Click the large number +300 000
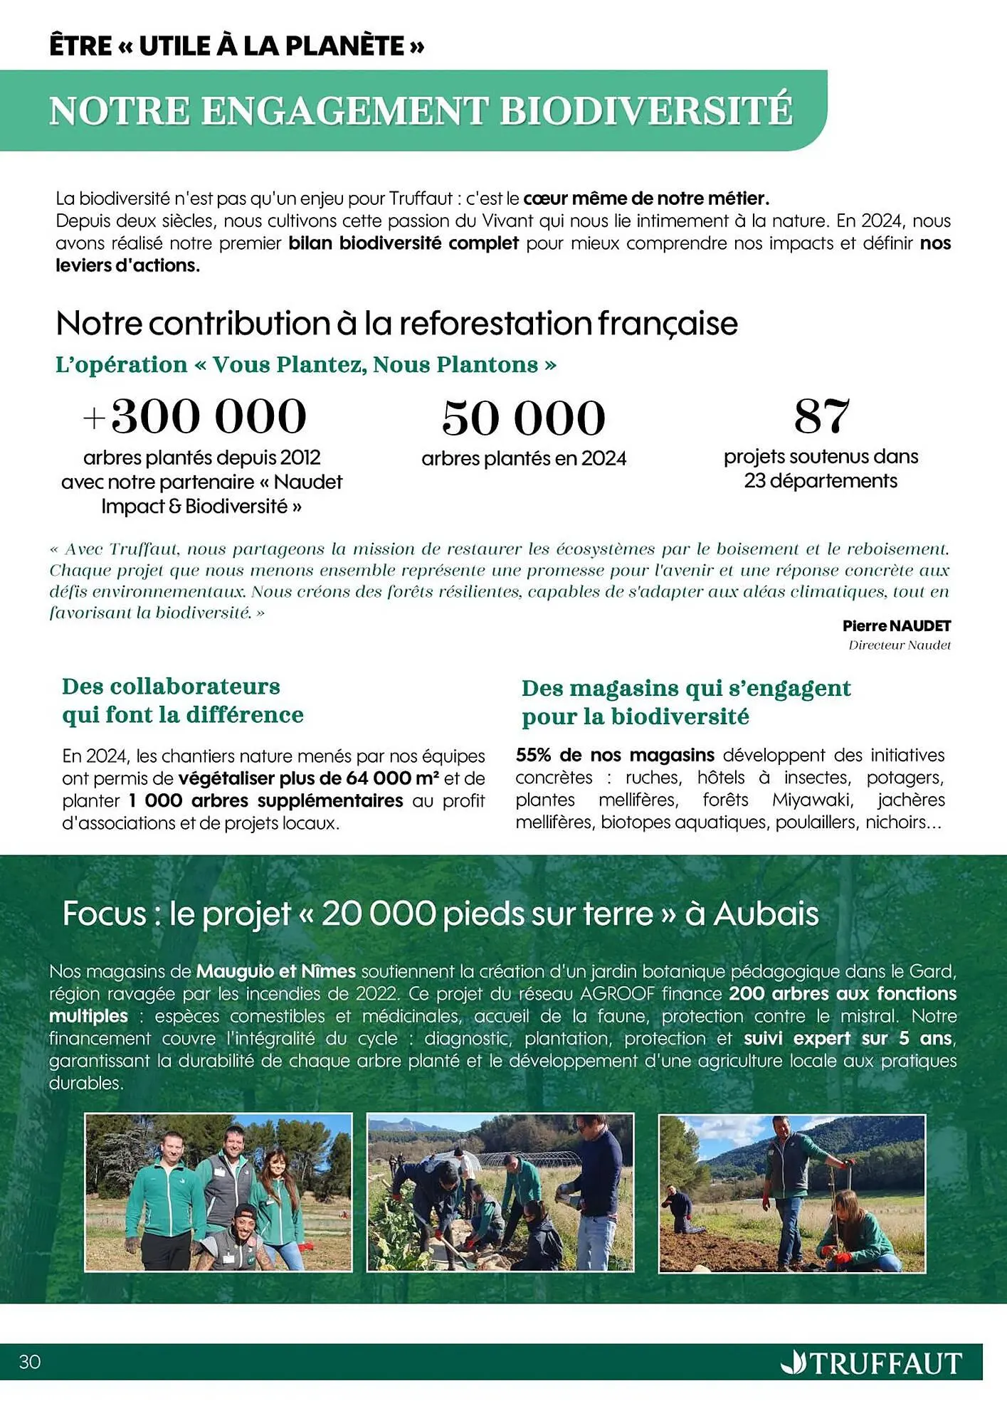pos(195,417)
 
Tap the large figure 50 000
pos(523,418)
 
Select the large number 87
pos(821,417)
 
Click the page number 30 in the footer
pos(30,1362)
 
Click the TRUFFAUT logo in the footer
pos(872,1363)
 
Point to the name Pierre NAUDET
pos(896,626)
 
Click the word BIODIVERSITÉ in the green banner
pos(645,111)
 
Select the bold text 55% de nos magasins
pos(615,755)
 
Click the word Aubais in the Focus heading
pos(766,914)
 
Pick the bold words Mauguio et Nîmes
pos(275,971)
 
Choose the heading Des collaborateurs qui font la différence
pos(182,701)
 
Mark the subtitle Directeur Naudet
pos(899,645)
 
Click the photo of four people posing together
pos(218,1192)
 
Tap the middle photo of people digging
pos(500,1192)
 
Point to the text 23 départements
pos(821,481)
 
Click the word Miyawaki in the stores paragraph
pos(812,800)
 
